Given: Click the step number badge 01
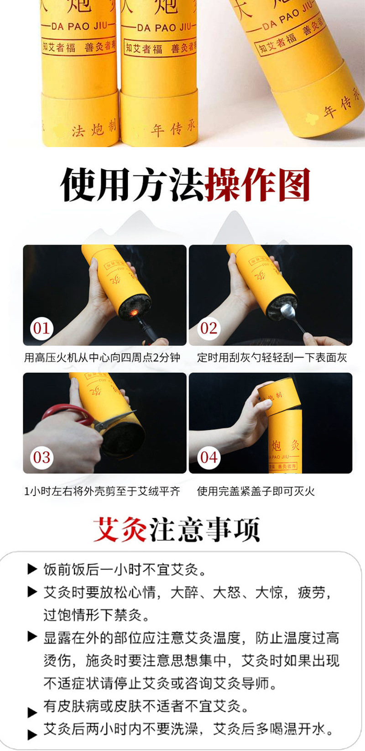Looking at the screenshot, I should [42, 328].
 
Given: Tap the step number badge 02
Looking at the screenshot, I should [209, 328].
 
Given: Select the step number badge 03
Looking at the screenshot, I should [42, 457].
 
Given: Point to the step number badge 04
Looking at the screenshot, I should [209, 457].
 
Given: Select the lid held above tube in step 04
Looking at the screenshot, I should [279, 398].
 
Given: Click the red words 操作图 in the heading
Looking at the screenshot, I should [258, 185].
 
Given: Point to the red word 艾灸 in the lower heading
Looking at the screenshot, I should [120, 530].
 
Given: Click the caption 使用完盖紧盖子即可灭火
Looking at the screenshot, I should [256, 491].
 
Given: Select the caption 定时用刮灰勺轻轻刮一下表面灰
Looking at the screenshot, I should [272, 357].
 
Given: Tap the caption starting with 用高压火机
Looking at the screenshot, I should [102, 357].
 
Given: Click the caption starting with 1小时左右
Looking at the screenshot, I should [102, 491].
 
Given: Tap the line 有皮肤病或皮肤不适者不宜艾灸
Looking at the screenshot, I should [146, 706].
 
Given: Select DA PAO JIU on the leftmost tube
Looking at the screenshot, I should [80, 26].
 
